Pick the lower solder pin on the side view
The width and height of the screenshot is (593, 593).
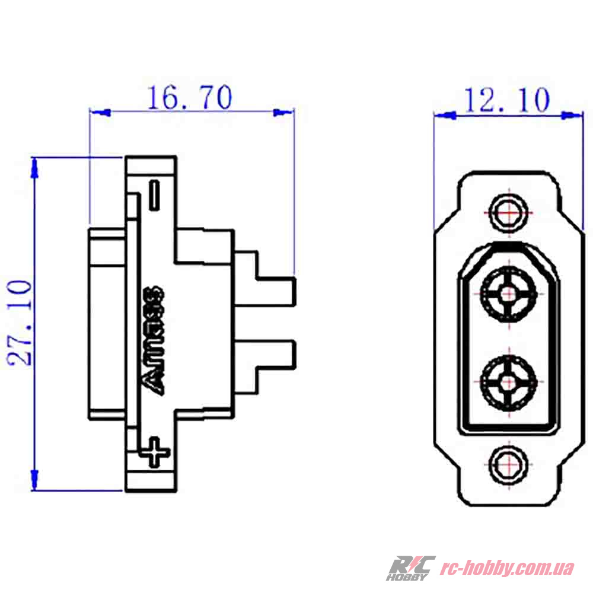[276, 354]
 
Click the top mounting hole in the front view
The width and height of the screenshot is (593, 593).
[509, 209]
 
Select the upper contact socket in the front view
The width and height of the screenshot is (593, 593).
[508, 292]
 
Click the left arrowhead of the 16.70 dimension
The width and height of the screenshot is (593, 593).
[100, 111]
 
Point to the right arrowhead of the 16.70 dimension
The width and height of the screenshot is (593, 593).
[284, 111]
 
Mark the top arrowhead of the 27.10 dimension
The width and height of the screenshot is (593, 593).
[35, 168]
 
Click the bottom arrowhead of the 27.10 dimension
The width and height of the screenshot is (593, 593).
[35, 480]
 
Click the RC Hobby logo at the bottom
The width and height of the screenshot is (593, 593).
[410, 568]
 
